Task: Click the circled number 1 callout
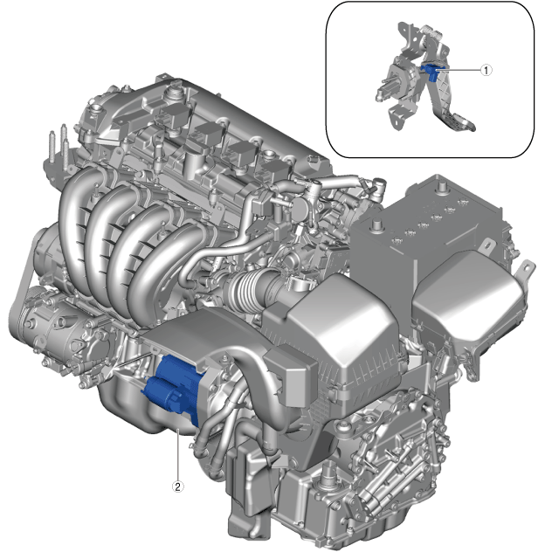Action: click(486, 70)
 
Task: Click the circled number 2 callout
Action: click(178, 487)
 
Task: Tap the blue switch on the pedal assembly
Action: click(431, 72)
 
